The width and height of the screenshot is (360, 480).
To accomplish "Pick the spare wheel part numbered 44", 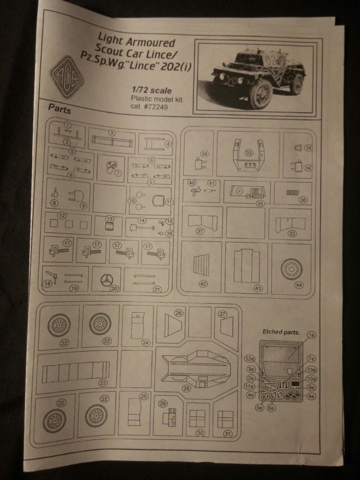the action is (291, 270).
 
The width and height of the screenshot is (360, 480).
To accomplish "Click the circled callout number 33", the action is (249, 152).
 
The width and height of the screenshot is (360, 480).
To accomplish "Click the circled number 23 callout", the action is (103, 383).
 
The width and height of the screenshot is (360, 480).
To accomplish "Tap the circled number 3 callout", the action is (112, 133).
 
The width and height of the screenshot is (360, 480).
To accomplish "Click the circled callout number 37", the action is (199, 231).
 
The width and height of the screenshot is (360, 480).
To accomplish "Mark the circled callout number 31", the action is (227, 433).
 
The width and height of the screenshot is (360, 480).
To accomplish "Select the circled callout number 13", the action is (110, 218).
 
